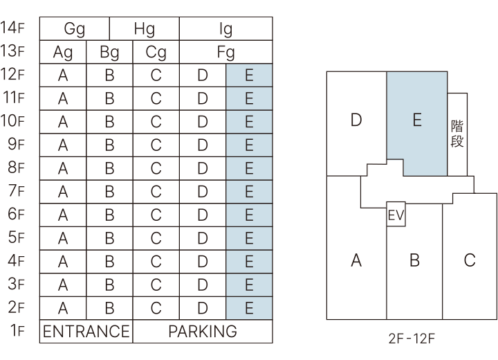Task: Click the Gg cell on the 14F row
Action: pyautogui.click(x=75, y=29)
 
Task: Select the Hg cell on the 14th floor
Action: pyautogui.click(x=145, y=29)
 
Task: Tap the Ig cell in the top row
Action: pyautogui.click(x=225, y=29)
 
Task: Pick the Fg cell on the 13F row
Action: pyautogui.click(x=225, y=53)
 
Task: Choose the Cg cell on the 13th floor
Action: pyautogui.click(x=156, y=53)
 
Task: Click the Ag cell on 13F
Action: pyautogui.click(x=63, y=53)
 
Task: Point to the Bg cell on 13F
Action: pyautogui.click(x=109, y=53)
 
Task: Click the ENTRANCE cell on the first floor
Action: pyautogui.click(x=86, y=332)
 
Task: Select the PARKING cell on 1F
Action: pyautogui.click(x=203, y=332)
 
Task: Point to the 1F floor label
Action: pyautogui.click(x=15, y=332)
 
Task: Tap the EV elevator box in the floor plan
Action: pyautogui.click(x=396, y=215)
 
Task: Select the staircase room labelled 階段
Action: pyautogui.click(x=457, y=134)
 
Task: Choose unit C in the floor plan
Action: pyautogui.click(x=470, y=260)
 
